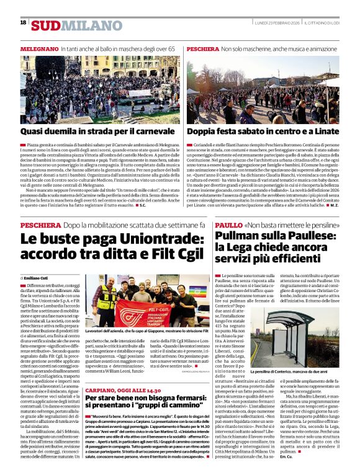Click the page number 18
coord(23,22)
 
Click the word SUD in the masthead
coord(47,25)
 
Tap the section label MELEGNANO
coord(39,48)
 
